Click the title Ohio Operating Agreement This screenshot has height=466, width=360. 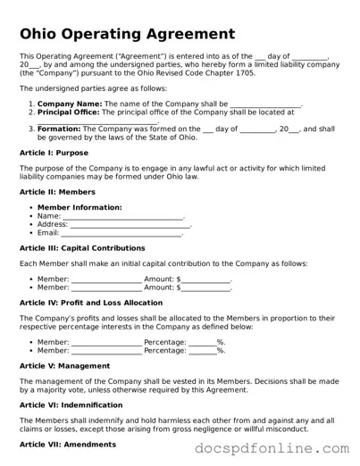(127, 35)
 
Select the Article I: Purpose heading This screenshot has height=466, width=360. (54, 153)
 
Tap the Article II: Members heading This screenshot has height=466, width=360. (57, 192)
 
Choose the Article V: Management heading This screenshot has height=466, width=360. (65, 365)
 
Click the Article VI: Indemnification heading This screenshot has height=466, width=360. (71, 404)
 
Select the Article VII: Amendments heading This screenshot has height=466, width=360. (67, 444)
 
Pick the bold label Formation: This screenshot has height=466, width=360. (59, 129)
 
